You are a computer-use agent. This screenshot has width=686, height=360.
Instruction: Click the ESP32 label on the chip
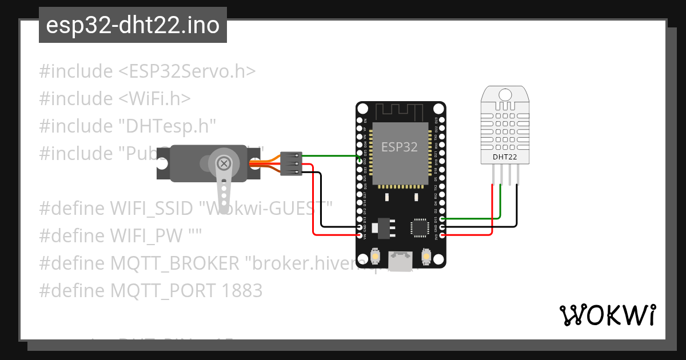tap(400, 147)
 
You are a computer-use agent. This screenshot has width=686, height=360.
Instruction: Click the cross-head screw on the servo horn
tap(224, 164)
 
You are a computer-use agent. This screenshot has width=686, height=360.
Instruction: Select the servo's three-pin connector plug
tap(290, 163)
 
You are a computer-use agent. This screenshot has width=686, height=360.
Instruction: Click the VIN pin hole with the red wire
tap(360, 235)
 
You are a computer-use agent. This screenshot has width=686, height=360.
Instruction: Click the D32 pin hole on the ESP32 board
tap(360, 162)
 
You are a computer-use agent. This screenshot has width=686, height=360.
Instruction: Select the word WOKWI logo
tap(607, 315)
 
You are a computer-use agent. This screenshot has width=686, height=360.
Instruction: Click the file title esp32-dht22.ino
tap(133, 26)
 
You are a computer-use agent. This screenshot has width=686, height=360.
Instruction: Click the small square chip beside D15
tap(419, 227)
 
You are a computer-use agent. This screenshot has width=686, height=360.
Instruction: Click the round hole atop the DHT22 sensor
tap(505, 94)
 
